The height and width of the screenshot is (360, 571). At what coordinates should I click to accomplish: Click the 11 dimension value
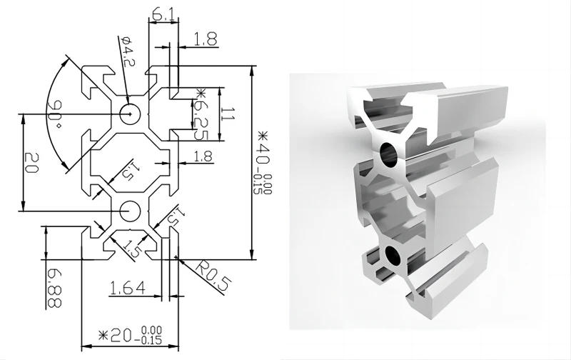227,113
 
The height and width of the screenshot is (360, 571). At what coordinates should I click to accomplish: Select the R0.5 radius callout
212,276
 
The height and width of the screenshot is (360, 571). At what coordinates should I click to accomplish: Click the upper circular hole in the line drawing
130,113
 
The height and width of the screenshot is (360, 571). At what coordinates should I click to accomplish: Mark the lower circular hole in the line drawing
130,211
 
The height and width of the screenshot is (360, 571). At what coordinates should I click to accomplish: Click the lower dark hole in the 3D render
392,255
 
